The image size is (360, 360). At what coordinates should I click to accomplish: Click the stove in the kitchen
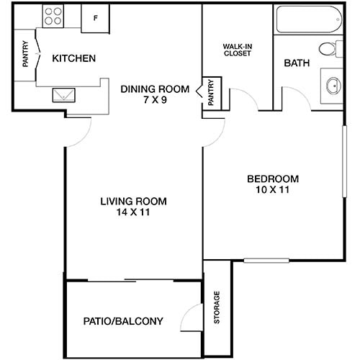(53, 17)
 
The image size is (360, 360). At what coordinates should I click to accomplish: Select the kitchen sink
(61, 94)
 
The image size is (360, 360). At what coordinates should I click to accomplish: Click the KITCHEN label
(74, 58)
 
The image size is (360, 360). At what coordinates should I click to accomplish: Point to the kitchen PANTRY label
(26, 54)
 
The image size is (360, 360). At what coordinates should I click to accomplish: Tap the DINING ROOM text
(155, 89)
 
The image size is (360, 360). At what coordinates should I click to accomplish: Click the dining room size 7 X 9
(154, 100)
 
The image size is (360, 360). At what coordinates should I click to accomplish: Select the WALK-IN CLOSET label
(237, 50)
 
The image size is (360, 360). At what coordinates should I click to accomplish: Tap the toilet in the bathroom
(331, 50)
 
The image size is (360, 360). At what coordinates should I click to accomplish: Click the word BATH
(297, 63)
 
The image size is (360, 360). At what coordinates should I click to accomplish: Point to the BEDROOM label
(273, 179)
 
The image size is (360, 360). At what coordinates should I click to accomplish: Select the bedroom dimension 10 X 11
(273, 191)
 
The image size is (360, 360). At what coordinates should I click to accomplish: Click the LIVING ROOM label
(134, 201)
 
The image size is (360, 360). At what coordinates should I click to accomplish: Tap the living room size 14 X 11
(134, 212)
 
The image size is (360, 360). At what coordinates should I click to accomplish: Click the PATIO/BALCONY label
(123, 322)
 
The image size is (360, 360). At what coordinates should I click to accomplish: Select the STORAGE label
(217, 307)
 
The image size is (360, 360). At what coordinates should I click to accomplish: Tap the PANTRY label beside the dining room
(212, 92)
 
